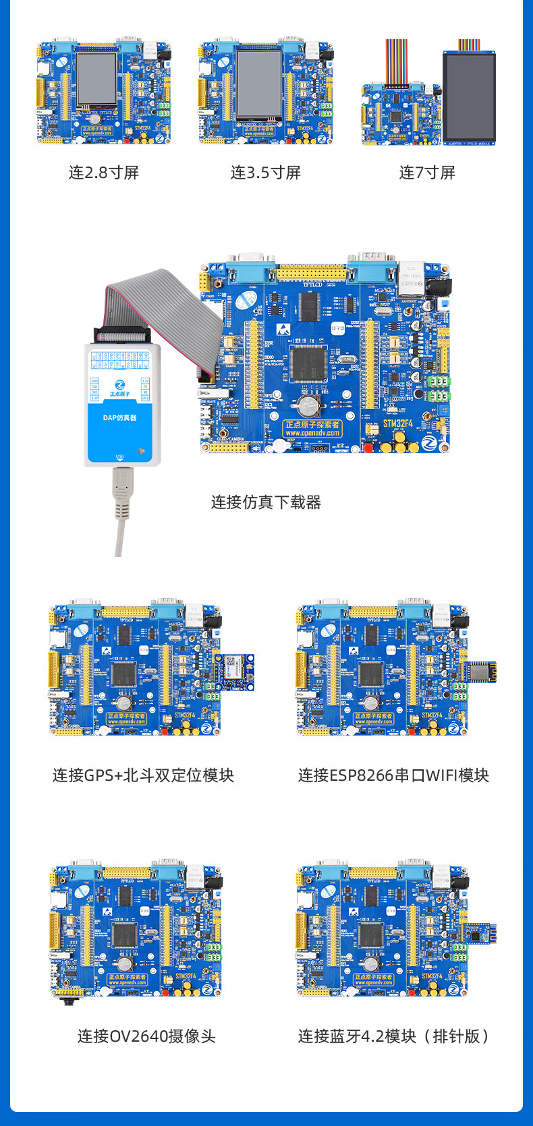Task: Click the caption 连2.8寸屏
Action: [x=103, y=173]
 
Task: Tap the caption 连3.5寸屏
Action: [x=265, y=173]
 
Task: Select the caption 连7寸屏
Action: [x=427, y=173]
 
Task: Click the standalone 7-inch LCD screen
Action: [x=469, y=96]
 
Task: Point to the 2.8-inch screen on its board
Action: [x=96, y=80]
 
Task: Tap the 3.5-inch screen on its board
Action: [x=259, y=82]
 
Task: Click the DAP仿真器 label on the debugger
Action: [x=119, y=418]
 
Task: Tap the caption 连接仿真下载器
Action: [x=266, y=502]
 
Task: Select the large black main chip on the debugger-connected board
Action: [x=309, y=365]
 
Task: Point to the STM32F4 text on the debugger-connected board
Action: [x=398, y=423]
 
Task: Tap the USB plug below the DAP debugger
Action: [x=121, y=492]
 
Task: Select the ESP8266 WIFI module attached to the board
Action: [x=480, y=672]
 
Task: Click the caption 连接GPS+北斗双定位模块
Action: [x=143, y=775]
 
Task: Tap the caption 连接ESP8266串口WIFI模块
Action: [x=393, y=775]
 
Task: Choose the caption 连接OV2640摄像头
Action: [x=146, y=1036]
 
